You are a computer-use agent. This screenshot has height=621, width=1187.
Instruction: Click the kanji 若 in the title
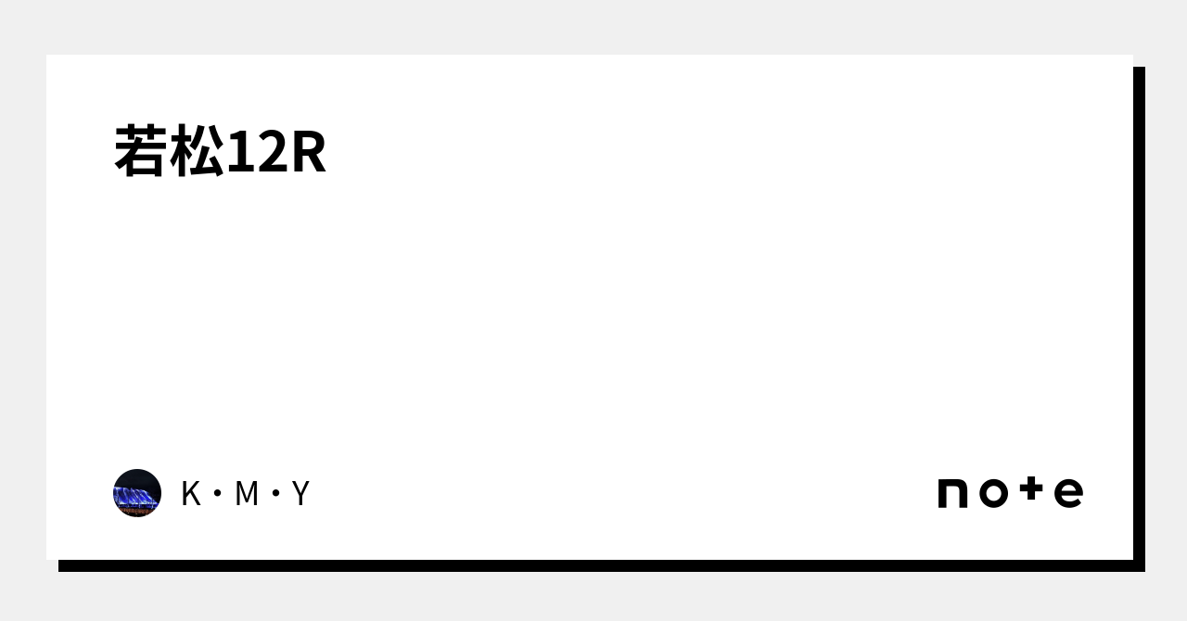(142, 152)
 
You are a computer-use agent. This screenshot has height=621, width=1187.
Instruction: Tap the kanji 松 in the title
(197, 152)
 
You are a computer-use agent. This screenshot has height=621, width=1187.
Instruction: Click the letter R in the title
(308, 153)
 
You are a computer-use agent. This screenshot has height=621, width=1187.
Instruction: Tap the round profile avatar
(137, 493)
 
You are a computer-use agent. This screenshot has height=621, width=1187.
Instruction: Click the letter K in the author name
(190, 494)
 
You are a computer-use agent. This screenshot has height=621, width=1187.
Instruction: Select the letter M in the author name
(246, 494)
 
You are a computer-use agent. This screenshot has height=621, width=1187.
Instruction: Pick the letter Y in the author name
(300, 494)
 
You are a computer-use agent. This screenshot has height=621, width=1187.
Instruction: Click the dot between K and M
(218, 494)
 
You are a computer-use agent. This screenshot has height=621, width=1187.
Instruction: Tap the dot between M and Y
(274, 494)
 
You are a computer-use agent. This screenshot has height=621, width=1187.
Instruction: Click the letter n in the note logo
(953, 494)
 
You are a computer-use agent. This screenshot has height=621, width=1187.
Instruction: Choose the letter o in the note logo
(992, 494)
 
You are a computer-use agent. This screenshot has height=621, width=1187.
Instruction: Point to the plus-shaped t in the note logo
(1031, 490)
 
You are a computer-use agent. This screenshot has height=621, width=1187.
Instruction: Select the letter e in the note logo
(1068, 494)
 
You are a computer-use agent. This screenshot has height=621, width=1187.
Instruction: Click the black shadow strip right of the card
(1139, 315)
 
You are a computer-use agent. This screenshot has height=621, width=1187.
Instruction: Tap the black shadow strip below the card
(593, 565)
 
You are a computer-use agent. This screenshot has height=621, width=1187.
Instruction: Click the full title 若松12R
(221, 153)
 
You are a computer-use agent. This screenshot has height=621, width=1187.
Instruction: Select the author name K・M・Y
(245, 494)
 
